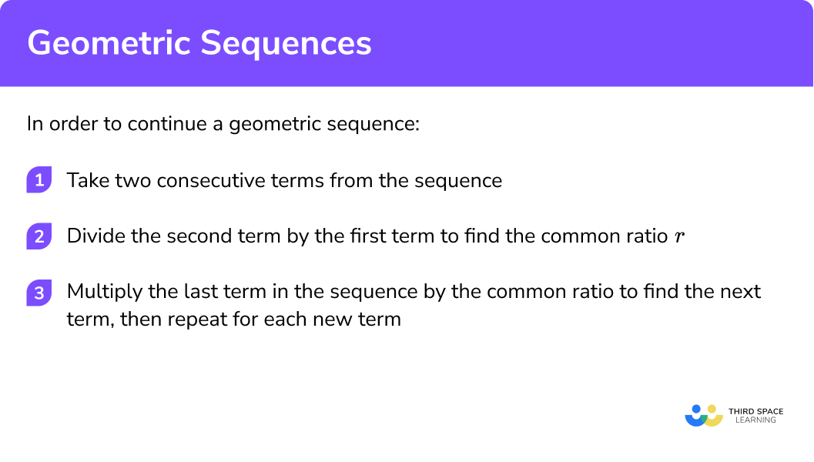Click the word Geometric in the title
(x=109, y=44)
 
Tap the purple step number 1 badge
(x=38, y=181)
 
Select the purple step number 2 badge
(x=38, y=237)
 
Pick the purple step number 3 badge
(x=38, y=293)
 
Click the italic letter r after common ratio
(x=678, y=237)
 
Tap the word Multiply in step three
(x=99, y=292)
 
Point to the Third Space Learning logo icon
(x=704, y=416)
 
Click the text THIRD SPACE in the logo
(x=755, y=411)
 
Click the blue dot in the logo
(x=696, y=409)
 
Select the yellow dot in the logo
(x=712, y=409)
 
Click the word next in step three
(x=741, y=292)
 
